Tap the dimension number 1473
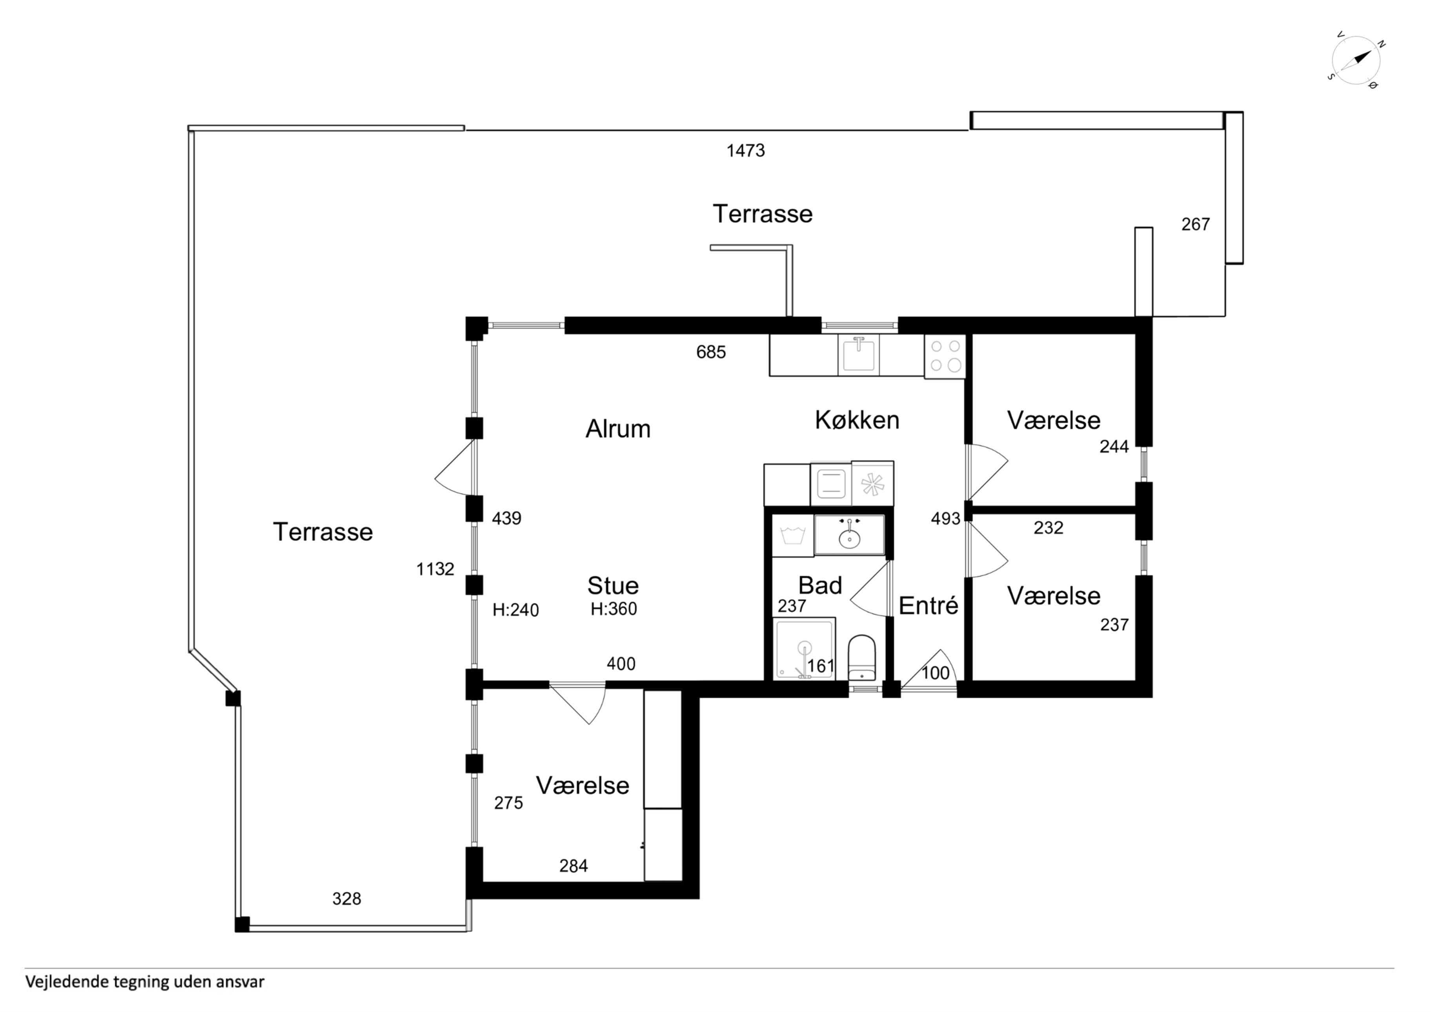(x=745, y=150)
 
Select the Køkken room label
(x=857, y=420)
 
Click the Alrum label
(x=618, y=429)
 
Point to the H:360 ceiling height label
(x=614, y=609)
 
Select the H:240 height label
(x=515, y=610)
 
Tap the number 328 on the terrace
(x=346, y=899)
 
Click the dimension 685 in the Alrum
(x=711, y=352)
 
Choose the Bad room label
(x=820, y=585)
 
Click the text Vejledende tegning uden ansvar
(x=145, y=982)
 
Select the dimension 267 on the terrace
(x=1195, y=224)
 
